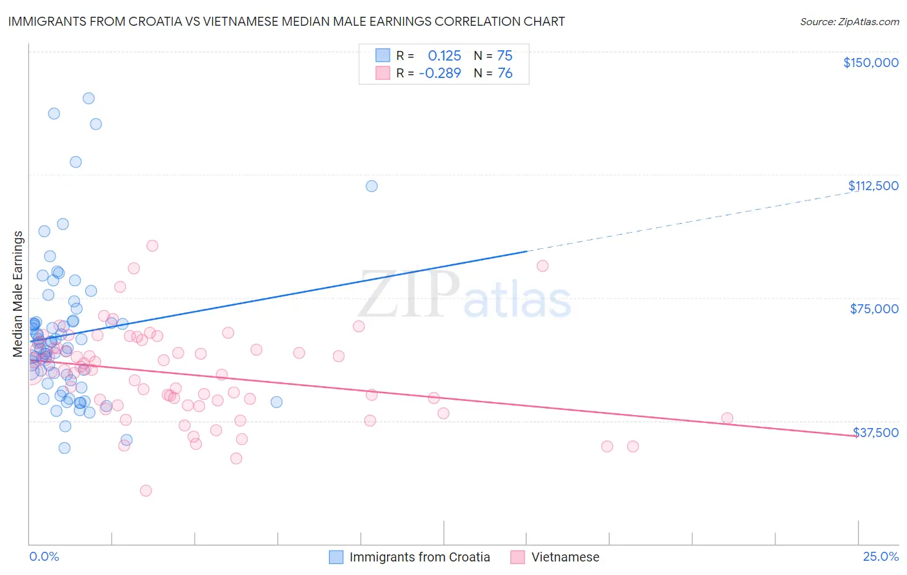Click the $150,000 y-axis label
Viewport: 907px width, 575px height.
point(870,63)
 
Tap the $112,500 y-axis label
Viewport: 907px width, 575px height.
point(872,186)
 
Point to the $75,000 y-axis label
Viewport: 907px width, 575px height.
point(873,309)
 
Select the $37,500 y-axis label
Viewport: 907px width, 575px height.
point(875,433)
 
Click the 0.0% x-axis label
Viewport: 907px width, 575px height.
point(44,556)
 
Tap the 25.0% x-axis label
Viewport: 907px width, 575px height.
point(881,556)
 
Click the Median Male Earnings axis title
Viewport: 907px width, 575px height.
point(18,294)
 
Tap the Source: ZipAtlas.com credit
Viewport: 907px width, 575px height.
point(849,21)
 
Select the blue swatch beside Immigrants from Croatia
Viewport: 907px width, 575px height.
point(336,557)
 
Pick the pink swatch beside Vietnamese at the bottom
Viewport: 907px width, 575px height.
point(517,557)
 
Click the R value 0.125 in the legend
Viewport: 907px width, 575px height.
point(444,56)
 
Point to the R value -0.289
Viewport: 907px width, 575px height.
point(440,73)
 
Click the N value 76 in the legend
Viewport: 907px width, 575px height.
point(505,73)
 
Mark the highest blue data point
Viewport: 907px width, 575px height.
point(88,99)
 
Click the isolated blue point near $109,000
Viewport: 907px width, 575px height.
point(372,186)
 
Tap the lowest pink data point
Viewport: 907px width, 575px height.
point(146,491)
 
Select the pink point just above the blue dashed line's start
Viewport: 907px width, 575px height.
point(543,266)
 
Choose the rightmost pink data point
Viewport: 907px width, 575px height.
point(727,418)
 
